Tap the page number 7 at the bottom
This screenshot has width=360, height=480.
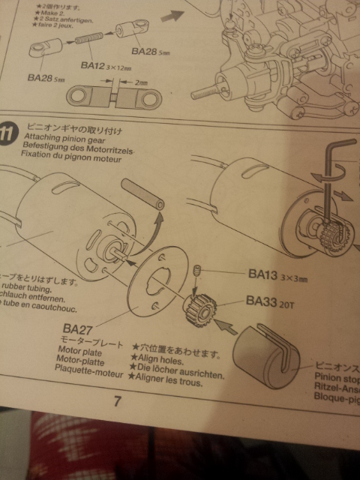tap(118, 401)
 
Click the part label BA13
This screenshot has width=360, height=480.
tap(263, 274)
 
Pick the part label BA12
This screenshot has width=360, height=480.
tap(95, 66)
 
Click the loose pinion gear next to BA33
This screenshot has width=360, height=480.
tap(199, 308)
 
